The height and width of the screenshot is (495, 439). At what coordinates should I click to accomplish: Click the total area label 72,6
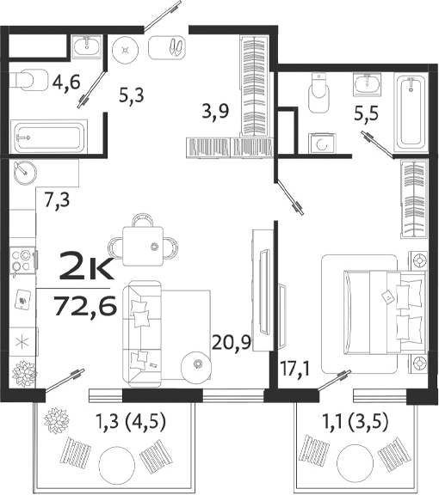tap(84, 305)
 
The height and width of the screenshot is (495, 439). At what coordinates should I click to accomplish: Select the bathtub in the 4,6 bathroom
tap(48, 136)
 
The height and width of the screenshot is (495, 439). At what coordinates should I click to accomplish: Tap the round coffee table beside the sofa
tap(197, 365)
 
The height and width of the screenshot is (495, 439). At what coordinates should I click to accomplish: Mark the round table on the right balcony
tap(355, 458)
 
